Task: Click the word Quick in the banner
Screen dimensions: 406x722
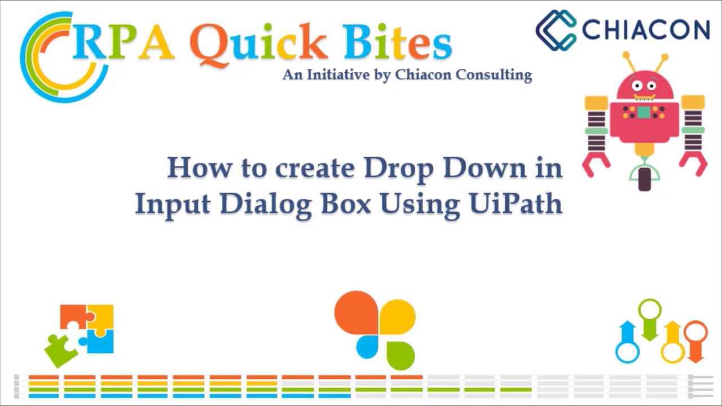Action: tap(258, 43)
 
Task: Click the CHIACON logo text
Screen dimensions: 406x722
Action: tap(646, 29)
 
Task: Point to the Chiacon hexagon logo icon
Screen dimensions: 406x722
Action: tap(556, 30)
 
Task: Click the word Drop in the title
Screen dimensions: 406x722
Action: tap(399, 169)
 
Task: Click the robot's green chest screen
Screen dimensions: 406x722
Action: tap(644, 112)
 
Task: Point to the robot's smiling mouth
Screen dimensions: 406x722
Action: tap(644, 96)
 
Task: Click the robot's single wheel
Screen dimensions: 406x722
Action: tap(644, 179)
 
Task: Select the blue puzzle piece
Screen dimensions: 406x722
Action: tap(101, 341)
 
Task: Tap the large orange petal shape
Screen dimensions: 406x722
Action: tap(355, 312)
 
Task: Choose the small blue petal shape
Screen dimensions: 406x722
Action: tap(368, 346)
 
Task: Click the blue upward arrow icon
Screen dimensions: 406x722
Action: tap(627, 341)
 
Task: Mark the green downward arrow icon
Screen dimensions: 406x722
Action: tap(650, 320)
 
